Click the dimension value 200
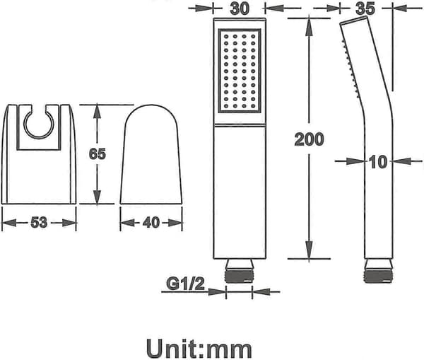[309, 139]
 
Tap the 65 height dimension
[98, 154]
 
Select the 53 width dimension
[39, 223]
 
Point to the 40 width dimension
[151, 223]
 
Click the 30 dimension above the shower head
[240, 8]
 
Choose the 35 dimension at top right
[365, 8]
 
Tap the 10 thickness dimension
[378, 162]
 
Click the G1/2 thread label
[185, 284]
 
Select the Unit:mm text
[199, 349]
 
